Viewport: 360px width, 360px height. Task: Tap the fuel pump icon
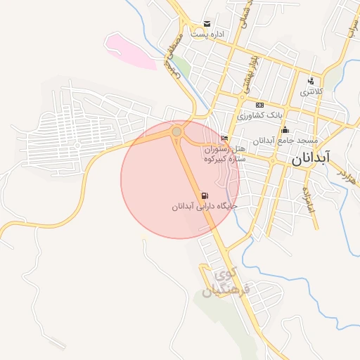click(205, 195)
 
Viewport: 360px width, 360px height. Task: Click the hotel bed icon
click(224, 138)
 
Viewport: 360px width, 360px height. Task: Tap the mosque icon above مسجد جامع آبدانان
click(285, 129)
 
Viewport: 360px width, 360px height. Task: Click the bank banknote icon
click(259, 105)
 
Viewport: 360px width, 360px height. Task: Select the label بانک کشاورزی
click(259, 115)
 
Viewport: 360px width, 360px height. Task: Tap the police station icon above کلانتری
click(311, 81)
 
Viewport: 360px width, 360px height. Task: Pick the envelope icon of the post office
click(206, 24)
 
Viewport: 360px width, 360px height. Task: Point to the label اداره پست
click(210, 34)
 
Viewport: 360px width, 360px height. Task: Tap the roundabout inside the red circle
click(177, 131)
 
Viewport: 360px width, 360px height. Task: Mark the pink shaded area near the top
click(130, 51)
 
